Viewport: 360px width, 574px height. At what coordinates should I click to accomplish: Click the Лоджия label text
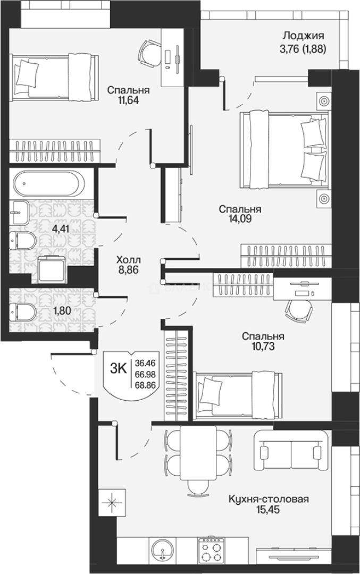tap(303, 36)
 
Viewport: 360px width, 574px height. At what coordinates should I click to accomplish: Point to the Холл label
tap(128, 260)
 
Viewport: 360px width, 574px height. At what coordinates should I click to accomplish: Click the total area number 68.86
tap(145, 385)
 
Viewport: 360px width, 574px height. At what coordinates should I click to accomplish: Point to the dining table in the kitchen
tap(198, 453)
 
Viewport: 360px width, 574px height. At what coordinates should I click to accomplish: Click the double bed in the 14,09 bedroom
tap(283, 149)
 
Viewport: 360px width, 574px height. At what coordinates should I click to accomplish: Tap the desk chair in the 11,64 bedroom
tap(150, 54)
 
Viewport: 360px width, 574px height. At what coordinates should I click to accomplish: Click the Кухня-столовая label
tap(269, 499)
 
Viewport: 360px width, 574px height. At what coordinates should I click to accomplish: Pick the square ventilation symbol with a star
tap(112, 502)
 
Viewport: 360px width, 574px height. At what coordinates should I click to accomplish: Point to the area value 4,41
tap(61, 229)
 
